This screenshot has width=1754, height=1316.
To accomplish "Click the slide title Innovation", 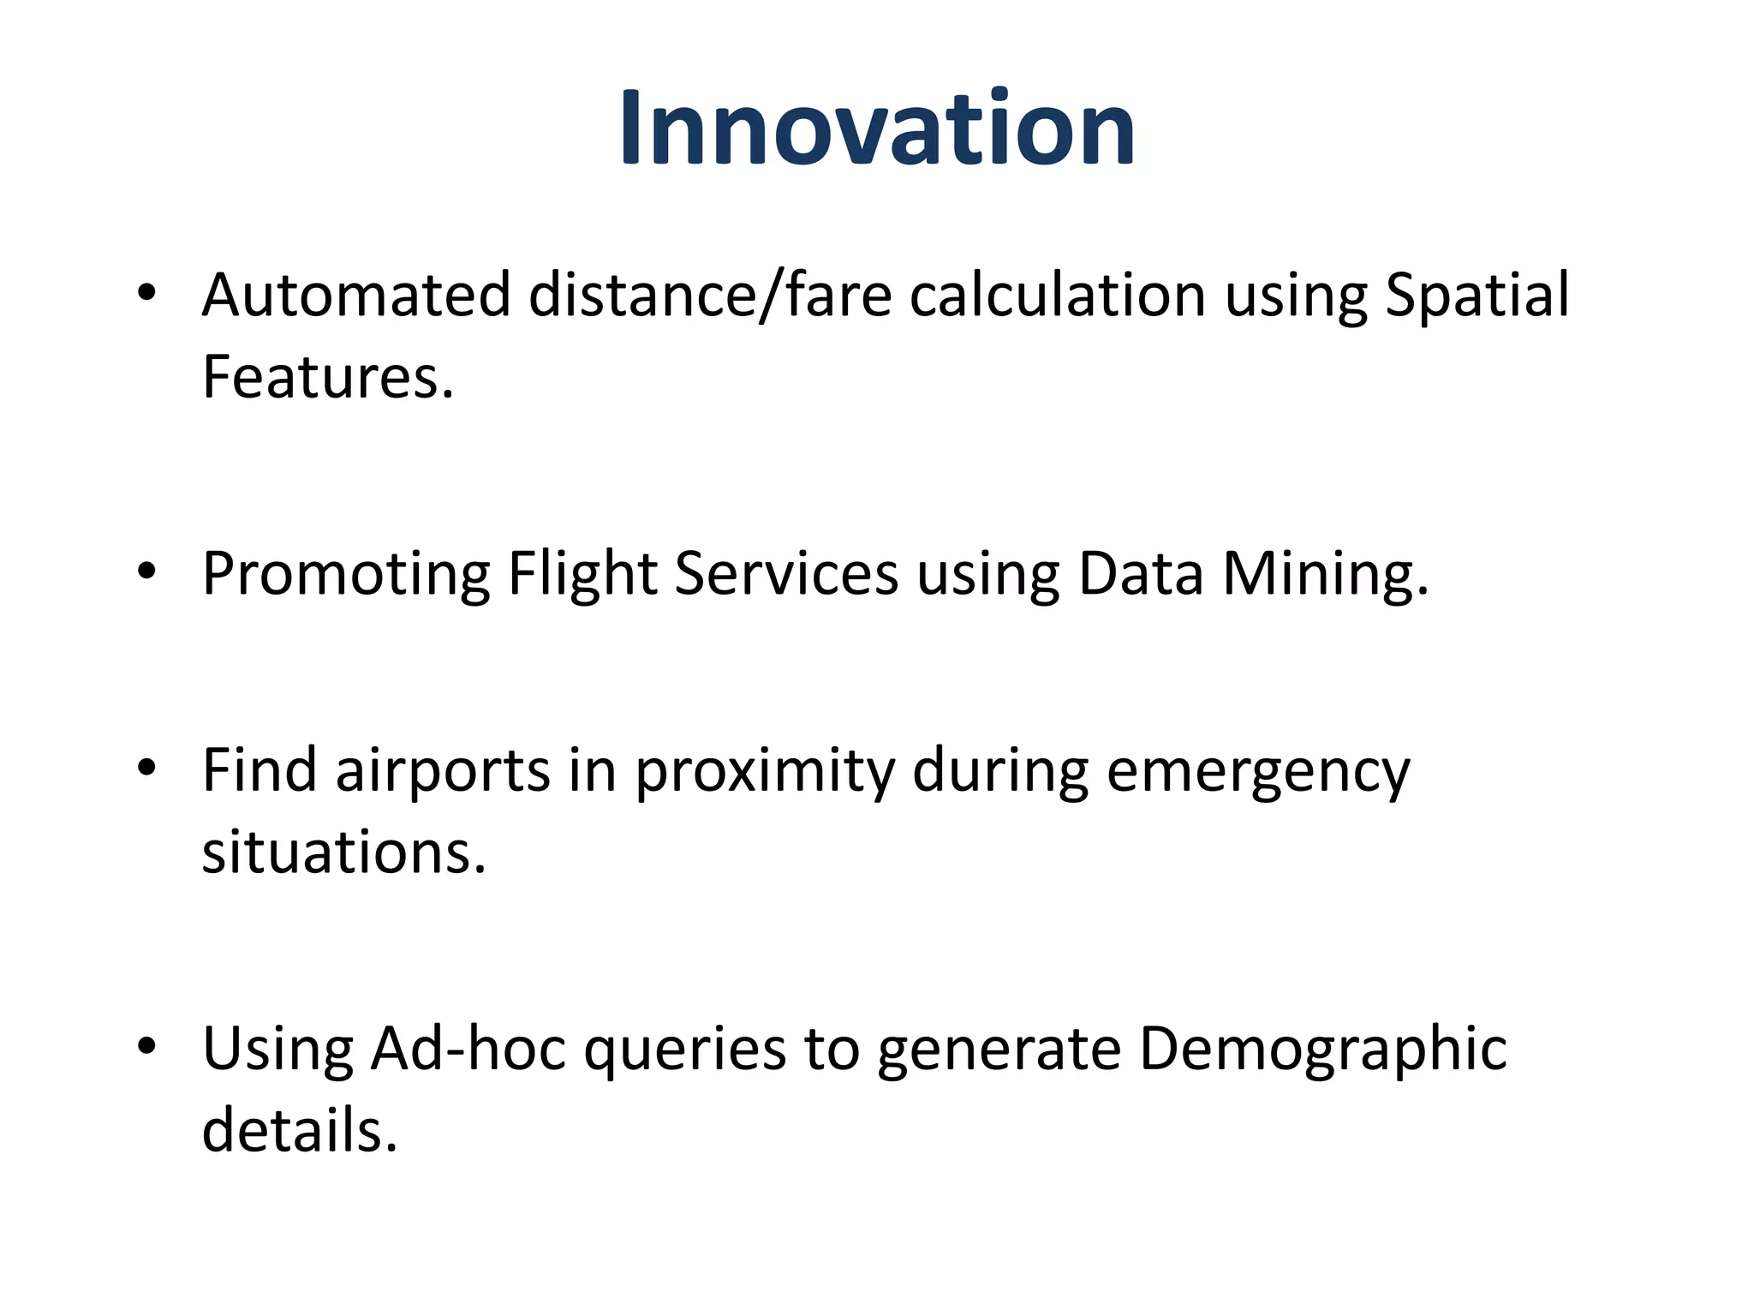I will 877,129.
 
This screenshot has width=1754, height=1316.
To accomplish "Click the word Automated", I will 355,295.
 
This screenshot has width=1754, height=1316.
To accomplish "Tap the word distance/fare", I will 710,295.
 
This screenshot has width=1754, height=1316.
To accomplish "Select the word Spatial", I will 1477,295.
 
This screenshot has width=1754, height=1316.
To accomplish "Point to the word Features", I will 327,377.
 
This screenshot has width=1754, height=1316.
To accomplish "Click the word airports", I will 442,769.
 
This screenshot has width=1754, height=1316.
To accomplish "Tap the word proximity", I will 764,769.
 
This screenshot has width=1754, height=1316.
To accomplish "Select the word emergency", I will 1257,769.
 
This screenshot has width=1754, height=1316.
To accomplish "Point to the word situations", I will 343,852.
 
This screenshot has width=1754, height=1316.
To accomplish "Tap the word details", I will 300,1129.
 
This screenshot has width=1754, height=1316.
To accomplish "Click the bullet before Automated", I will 146,293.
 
